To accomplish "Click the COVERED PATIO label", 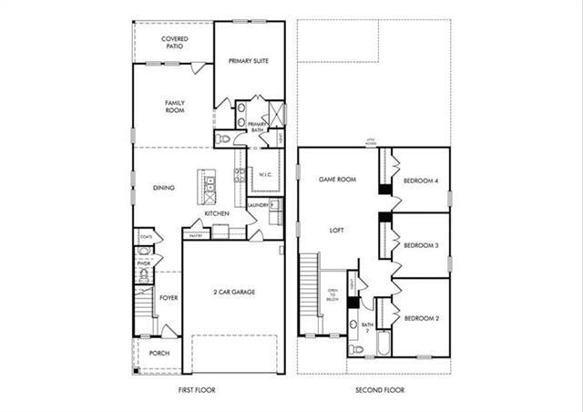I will [x=175, y=42].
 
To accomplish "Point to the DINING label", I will [x=164, y=188].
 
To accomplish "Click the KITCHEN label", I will [x=216, y=213].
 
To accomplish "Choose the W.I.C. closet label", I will [x=266, y=174].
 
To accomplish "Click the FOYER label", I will [x=169, y=297].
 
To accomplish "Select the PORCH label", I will [x=159, y=354].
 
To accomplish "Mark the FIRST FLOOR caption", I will [x=197, y=389].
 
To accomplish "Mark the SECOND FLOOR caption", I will [x=380, y=389].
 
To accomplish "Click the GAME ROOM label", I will [x=335, y=180].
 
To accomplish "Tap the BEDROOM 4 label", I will [x=421, y=180].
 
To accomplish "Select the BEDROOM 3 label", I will [x=421, y=245].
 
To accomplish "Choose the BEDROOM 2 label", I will [x=421, y=317].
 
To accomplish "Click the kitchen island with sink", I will [x=210, y=188].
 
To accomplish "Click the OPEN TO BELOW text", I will [x=332, y=294].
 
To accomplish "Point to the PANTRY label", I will [x=196, y=235].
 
